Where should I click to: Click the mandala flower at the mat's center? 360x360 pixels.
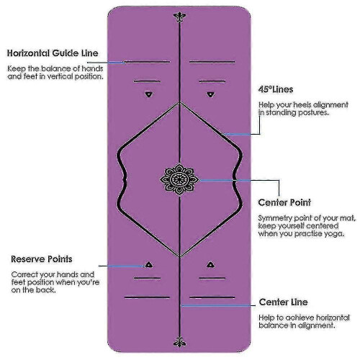point(179,179)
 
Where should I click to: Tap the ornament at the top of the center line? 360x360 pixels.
point(179,17)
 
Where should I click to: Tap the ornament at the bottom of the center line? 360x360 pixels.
point(179,341)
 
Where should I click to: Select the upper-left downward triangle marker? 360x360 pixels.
point(149,94)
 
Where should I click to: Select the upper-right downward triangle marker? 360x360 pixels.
point(210,94)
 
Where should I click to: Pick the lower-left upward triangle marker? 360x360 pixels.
point(149,265)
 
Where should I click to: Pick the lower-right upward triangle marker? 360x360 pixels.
point(210,265)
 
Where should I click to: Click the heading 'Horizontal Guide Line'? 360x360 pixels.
point(53,53)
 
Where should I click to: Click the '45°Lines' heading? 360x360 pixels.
point(276,89)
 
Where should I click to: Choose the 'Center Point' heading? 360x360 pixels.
point(284,202)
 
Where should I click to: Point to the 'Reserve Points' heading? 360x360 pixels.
point(42,259)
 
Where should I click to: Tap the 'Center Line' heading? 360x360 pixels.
point(284,302)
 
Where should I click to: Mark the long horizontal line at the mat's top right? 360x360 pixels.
point(212,62)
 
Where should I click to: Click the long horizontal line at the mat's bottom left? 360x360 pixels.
point(147,297)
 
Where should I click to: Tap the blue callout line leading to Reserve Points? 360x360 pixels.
point(121,266)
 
